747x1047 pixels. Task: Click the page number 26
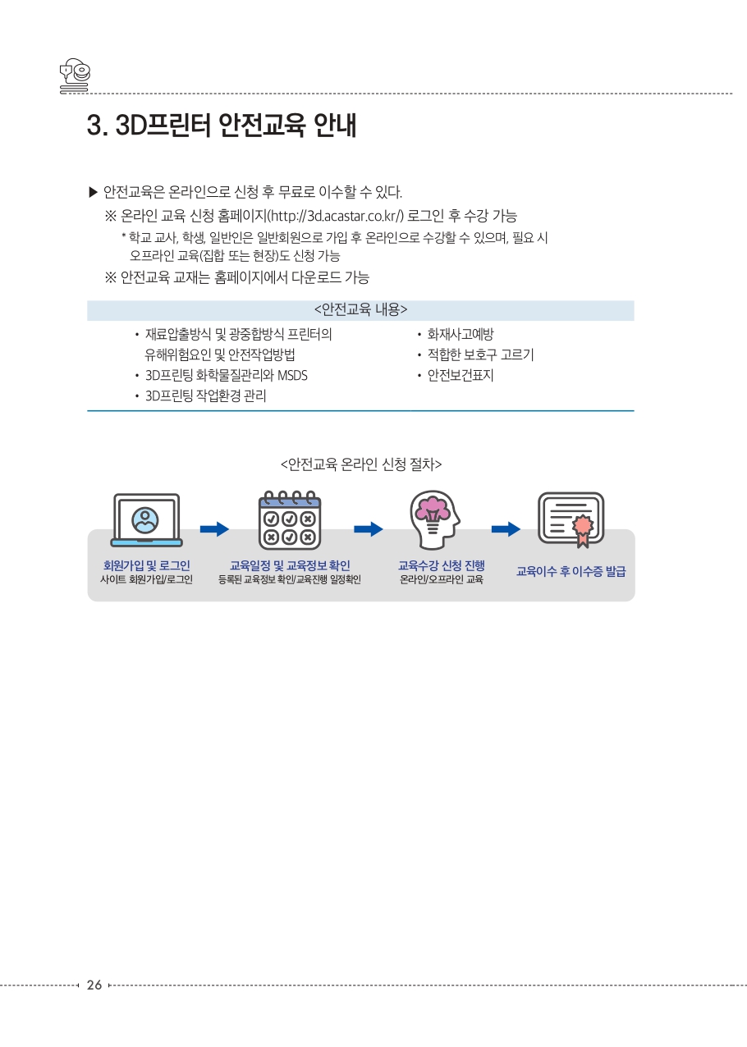94,985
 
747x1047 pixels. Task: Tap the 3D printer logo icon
75,75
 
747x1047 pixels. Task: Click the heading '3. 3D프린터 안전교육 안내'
222,125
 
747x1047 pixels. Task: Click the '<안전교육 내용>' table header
360,309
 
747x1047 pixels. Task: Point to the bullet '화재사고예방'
461,334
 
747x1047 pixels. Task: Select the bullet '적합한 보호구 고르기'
480,354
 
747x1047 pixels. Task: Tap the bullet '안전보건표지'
461,375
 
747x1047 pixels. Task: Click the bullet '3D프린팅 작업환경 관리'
206,395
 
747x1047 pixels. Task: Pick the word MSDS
292,376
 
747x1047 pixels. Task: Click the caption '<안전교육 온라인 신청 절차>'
361,464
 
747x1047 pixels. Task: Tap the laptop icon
146,520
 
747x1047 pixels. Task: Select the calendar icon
290,520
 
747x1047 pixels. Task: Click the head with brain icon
435,519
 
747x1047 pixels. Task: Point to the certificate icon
571,519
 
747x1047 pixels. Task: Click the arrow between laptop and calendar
214,529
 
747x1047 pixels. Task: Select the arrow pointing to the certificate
506,529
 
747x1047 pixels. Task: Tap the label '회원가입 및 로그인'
146,565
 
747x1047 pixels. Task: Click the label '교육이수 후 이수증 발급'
571,571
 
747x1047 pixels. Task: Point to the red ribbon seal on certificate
583,530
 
